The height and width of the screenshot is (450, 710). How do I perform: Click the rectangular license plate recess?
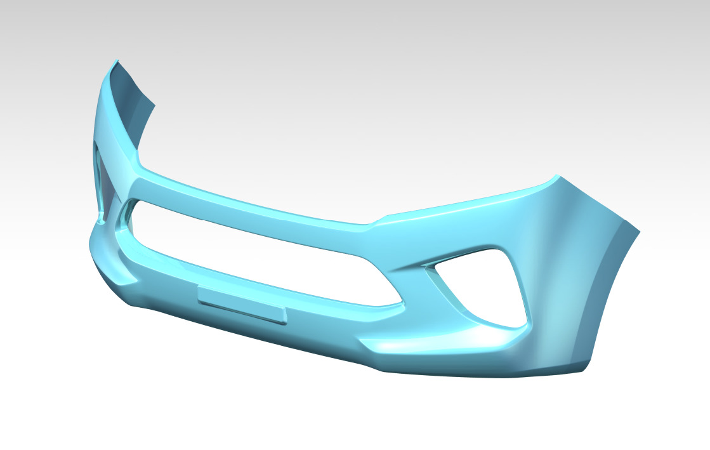click(x=242, y=304)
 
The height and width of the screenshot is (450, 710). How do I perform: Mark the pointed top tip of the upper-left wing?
click(x=115, y=62)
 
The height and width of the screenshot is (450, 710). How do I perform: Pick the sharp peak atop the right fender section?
click(x=556, y=176)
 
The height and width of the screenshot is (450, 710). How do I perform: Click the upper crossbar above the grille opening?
click(x=254, y=203)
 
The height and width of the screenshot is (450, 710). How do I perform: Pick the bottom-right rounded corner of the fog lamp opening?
click(x=522, y=324)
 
